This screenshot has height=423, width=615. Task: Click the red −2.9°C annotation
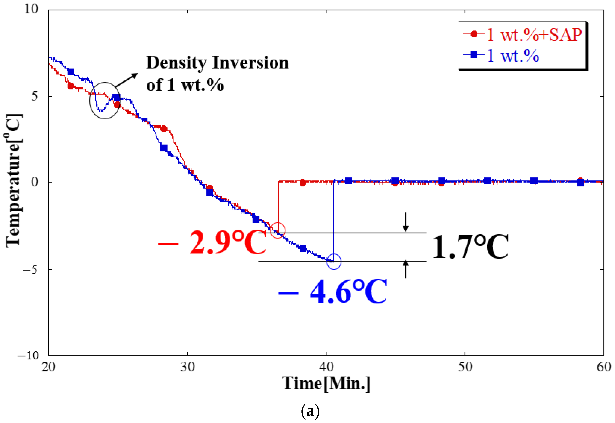[x=212, y=242]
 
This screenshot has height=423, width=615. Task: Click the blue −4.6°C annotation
[x=333, y=292]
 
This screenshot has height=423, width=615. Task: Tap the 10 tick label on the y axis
[x=31, y=9]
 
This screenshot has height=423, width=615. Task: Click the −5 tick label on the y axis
[x=31, y=270]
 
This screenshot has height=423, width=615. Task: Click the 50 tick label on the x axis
[x=465, y=367]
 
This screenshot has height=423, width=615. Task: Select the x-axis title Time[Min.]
[x=326, y=384]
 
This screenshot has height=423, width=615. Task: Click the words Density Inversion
[x=217, y=63]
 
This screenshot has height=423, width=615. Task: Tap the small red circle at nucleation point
[x=278, y=230]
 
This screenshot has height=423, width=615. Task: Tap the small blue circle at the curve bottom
[x=334, y=262]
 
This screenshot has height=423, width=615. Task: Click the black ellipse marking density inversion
[x=105, y=100]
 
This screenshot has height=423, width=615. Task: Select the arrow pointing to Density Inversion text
[x=127, y=80]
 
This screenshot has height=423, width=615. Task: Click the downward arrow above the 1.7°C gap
[x=405, y=222]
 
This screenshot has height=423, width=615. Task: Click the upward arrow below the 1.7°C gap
[x=405, y=269]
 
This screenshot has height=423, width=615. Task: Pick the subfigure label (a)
[x=310, y=411]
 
